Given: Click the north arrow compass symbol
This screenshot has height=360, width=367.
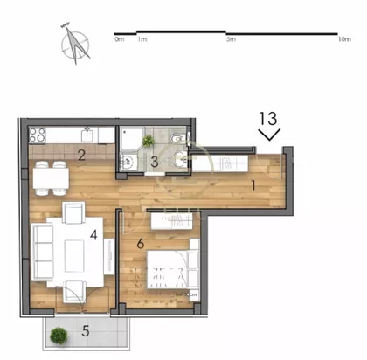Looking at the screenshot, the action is pyautogui.click(x=75, y=45).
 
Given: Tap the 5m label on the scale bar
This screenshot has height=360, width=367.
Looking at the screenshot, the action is pyautogui.click(x=231, y=39).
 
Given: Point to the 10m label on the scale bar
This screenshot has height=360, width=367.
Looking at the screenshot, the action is pyautogui.click(x=344, y=39).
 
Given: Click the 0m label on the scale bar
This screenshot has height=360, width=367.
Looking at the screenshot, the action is pyautogui.click(x=120, y=39).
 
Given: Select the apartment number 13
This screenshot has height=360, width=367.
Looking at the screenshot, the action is pyautogui.click(x=268, y=118).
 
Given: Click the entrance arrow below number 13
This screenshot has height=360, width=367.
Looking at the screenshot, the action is pyautogui.click(x=269, y=135).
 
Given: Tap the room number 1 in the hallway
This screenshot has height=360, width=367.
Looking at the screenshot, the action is pyautogui.click(x=253, y=185).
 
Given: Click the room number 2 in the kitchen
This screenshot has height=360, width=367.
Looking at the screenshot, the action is pyautogui.click(x=81, y=155).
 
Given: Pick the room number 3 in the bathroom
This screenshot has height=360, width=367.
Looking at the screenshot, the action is pyautogui.click(x=155, y=162).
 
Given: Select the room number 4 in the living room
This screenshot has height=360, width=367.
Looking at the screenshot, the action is pyautogui.click(x=93, y=234).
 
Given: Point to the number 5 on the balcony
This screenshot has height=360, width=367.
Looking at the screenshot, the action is pyautogui.click(x=86, y=331).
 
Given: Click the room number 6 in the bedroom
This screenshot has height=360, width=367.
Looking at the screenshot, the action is pyautogui.click(x=141, y=243).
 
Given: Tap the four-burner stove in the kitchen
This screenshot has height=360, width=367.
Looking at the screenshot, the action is pyautogui.click(x=38, y=135).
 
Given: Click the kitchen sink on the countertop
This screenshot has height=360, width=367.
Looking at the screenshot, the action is pyautogui.click(x=87, y=135).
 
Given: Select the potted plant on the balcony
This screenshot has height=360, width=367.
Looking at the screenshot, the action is pyautogui.click(x=59, y=336).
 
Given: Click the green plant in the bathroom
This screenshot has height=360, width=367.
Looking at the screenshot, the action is pyautogui.click(x=149, y=141).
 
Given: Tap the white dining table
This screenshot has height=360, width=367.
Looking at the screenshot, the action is pyautogui.click(x=51, y=178).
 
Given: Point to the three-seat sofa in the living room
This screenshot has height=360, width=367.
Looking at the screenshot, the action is pyautogui.click(x=43, y=253).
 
